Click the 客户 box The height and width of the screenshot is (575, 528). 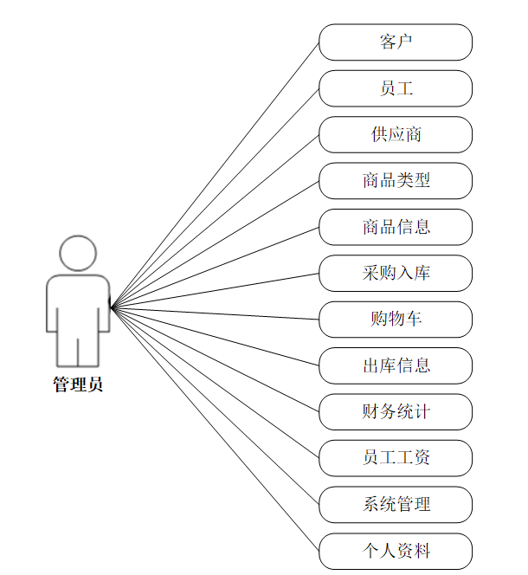(x=396, y=42)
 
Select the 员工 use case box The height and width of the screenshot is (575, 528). (x=396, y=88)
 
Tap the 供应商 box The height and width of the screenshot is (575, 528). (x=396, y=134)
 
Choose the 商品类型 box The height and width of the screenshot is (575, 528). (x=396, y=181)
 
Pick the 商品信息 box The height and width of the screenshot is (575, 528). (x=396, y=227)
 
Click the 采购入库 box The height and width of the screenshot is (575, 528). (x=396, y=273)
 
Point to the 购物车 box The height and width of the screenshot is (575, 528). (x=396, y=320)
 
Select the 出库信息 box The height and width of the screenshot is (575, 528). (x=396, y=365)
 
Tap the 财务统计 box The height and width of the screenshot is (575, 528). (x=396, y=412)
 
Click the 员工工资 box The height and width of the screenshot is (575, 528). (x=396, y=458)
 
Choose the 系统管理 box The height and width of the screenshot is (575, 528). (x=396, y=505)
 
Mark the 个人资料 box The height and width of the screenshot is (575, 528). (x=396, y=551)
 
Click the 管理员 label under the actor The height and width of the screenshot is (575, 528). (x=78, y=384)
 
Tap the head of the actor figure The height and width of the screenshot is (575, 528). (x=78, y=254)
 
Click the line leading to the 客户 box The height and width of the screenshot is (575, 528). (x=215, y=175)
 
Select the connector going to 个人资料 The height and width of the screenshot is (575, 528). (x=215, y=429)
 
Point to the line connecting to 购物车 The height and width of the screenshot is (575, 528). (x=215, y=313)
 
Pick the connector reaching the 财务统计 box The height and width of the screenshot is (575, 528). (x=215, y=359)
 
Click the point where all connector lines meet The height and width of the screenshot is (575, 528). (x=111, y=307)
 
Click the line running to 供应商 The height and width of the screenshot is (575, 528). (x=215, y=222)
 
